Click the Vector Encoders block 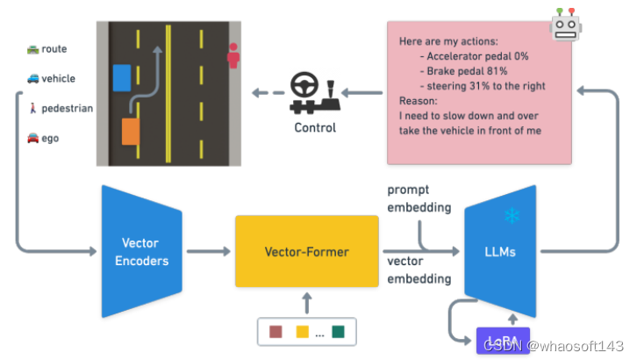click(141, 251)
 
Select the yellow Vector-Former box click(306, 251)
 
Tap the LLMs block click(500, 251)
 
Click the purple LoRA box click(503, 339)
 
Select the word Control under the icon click(314, 128)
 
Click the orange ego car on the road click(131, 132)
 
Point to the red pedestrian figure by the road click(233, 56)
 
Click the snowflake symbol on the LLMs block click(512, 215)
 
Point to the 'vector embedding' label click(419, 270)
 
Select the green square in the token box click(338, 332)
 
